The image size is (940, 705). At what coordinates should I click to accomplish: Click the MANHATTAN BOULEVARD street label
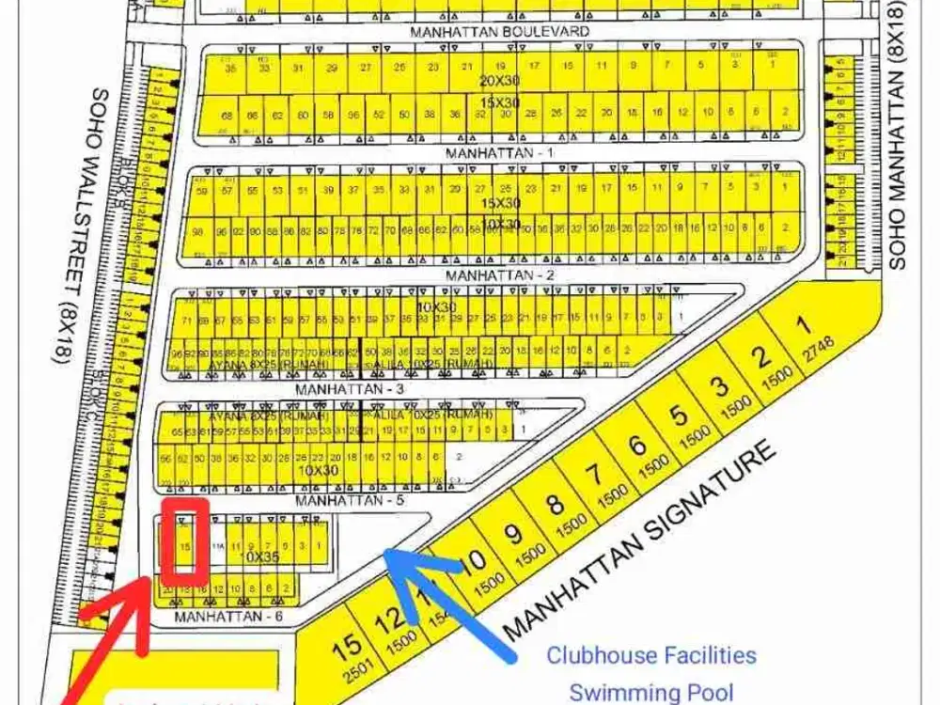500,31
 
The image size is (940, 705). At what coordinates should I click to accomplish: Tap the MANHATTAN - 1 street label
500,152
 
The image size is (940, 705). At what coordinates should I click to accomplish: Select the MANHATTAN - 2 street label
500,275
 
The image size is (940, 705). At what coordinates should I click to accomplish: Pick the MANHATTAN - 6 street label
228,617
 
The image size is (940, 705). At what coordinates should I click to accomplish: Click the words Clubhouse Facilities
651,654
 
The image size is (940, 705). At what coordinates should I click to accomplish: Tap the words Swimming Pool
651,693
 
